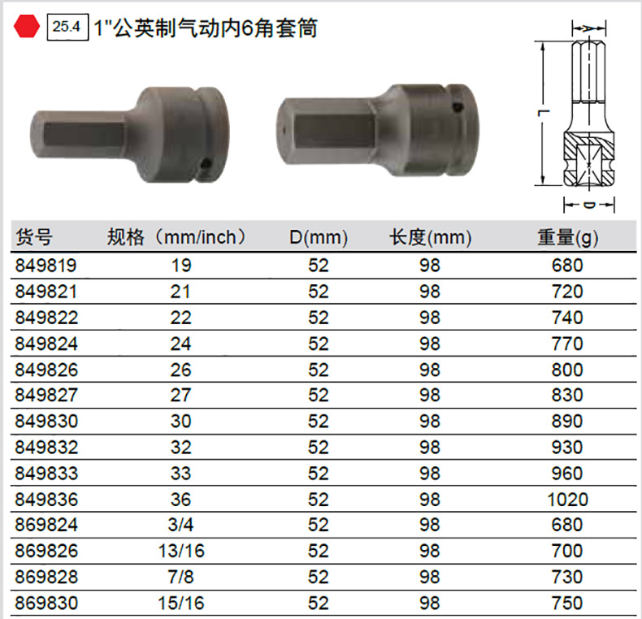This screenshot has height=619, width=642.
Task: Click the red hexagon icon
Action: click(x=27, y=27)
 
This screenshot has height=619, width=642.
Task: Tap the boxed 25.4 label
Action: click(x=67, y=27)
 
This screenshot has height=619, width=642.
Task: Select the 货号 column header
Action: click(x=34, y=237)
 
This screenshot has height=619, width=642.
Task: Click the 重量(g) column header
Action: click(x=567, y=237)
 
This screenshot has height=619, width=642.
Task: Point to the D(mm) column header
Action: click(x=319, y=237)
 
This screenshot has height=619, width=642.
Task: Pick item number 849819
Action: click(x=46, y=266)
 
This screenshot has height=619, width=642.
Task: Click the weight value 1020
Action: click(x=567, y=500)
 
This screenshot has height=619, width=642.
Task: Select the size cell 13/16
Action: click(x=181, y=551)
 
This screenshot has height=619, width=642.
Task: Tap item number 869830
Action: click(x=46, y=604)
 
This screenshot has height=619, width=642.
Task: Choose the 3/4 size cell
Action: click(x=180, y=525)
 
